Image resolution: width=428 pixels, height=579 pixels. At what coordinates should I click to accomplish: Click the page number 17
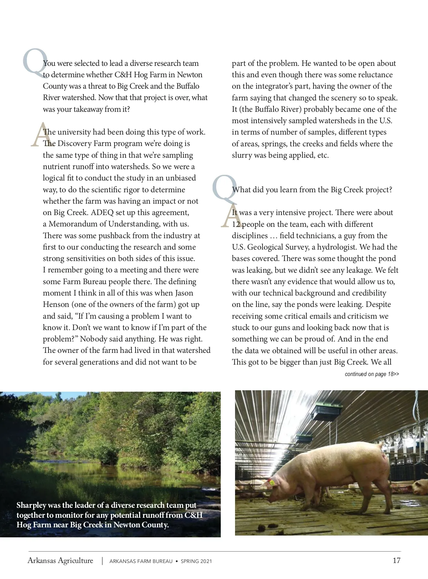[x=396, y=560]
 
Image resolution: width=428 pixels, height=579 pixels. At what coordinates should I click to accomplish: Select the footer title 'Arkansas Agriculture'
[x=60, y=560]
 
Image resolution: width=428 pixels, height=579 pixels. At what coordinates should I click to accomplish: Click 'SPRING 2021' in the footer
[x=196, y=561]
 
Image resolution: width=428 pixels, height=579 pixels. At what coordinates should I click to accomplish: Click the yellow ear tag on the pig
[x=272, y=483]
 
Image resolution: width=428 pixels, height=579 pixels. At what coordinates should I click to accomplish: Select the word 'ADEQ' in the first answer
[x=102, y=213]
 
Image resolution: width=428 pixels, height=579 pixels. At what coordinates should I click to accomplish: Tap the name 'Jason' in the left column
[x=184, y=293]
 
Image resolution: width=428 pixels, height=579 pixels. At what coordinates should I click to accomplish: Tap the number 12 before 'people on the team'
[x=236, y=224]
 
